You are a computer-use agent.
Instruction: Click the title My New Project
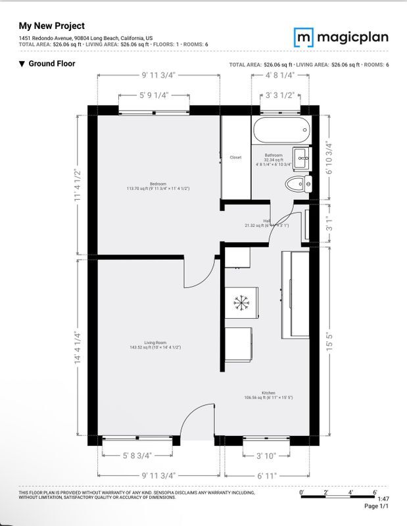pos(52,26)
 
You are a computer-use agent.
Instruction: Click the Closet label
pos(235,157)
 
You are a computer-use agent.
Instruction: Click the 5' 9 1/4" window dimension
pos(154,95)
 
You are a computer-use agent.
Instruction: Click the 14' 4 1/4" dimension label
pos(78,347)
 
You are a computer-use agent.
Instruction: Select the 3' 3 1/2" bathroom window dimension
pos(279,95)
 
